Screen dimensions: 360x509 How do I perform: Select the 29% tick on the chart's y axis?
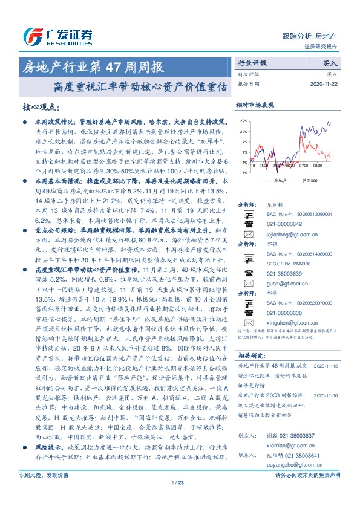pyautogui.click(x=243, y=122)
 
